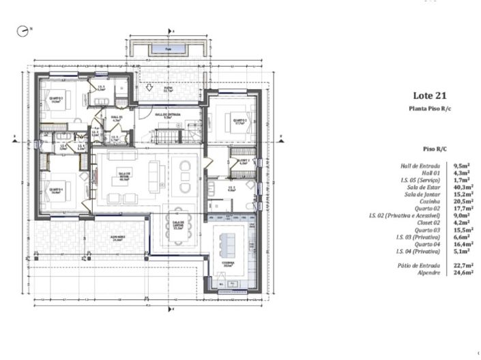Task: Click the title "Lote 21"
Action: click(x=429, y=96)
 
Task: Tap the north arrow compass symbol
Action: click(x=25, y=31)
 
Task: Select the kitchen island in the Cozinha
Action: click(x=229, y=243)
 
